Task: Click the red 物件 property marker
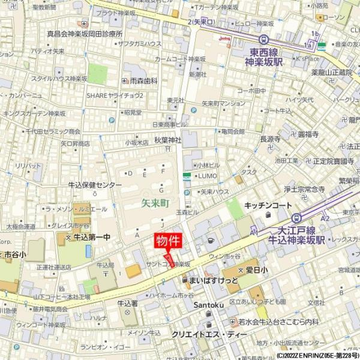[x=169, y=241]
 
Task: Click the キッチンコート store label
[x=268, y=205]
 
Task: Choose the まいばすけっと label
[x=213, y=281]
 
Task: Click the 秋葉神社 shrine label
[x=167, y=140]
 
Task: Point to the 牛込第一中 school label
[x=91, y=238]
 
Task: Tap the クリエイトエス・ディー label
[x=209, y=334]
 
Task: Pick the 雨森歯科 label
[x=143, y=80]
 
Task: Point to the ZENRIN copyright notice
[x=317, y=355]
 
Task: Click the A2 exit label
[x=325, y=220]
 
